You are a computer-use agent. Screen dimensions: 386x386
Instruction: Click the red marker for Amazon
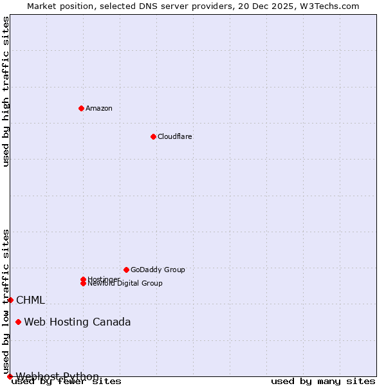[x=81, y=108]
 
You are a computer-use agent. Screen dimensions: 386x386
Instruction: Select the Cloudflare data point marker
[x=153, y=136]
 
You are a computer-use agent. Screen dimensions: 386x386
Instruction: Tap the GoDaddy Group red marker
[x=126, y=270]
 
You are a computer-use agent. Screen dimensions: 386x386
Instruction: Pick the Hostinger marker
[x=83, y=279]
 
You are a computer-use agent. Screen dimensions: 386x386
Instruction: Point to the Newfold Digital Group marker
[x=83, y=284]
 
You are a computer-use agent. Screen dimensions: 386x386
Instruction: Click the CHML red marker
[x=10, y=300]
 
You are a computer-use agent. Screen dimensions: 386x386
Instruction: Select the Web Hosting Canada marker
[x=18, y=322]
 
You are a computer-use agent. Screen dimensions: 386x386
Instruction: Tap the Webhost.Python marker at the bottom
[x=10, y=376]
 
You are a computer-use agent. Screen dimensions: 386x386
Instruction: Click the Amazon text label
[x=99, y=108]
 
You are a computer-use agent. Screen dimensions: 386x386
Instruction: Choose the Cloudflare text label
[x=175, y=136]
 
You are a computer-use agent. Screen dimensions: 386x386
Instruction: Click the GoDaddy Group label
[x=158, y=270]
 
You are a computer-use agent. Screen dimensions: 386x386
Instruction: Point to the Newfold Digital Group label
[x=125, y=284]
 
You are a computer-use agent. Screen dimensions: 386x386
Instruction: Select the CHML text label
[x=30, y=300]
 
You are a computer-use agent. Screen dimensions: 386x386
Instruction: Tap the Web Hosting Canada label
[x=77, y=322]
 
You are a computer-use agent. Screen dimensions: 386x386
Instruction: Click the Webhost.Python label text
[x=57, y=376]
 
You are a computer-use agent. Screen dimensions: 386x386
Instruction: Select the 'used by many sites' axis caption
[x=323, y=381]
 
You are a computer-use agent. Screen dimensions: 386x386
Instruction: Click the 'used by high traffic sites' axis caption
[x=6, y=91]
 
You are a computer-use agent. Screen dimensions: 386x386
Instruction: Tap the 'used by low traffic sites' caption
[x=6, y=300]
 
